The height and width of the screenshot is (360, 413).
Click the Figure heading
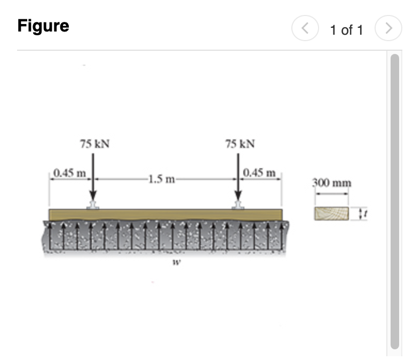(43, 26)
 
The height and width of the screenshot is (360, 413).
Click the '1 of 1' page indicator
(346, 30)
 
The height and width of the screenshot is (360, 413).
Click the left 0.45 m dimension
(70, 173)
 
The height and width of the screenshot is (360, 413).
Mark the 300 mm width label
(332, 183)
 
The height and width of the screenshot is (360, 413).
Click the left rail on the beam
(93, 205)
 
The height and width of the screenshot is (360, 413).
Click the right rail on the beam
(239, 205)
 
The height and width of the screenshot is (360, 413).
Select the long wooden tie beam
(165, 214)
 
